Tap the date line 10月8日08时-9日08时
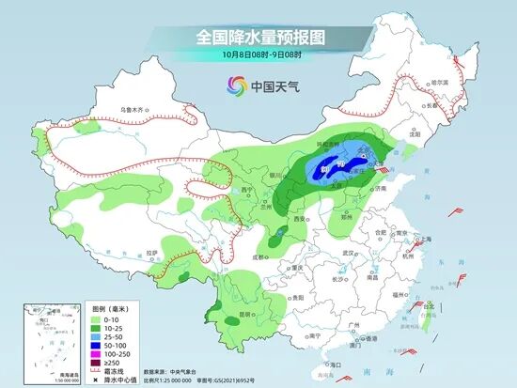258,55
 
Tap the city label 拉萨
152,255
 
